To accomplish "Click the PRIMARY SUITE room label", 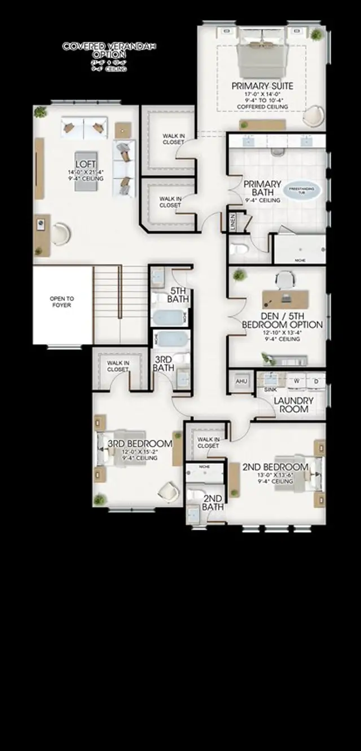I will point(263,86).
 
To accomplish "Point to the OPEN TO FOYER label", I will point(62,302).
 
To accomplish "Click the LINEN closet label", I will point(233,221).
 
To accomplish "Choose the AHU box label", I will point(241,381).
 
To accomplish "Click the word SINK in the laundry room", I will point(270,389).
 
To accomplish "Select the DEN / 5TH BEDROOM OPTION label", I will point(282,320).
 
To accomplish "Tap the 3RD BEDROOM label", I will point(140,443).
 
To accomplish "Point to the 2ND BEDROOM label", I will point(275,467).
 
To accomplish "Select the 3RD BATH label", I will point(164,363).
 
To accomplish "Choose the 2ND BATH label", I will point(213,502).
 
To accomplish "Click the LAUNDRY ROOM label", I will point(293,405).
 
